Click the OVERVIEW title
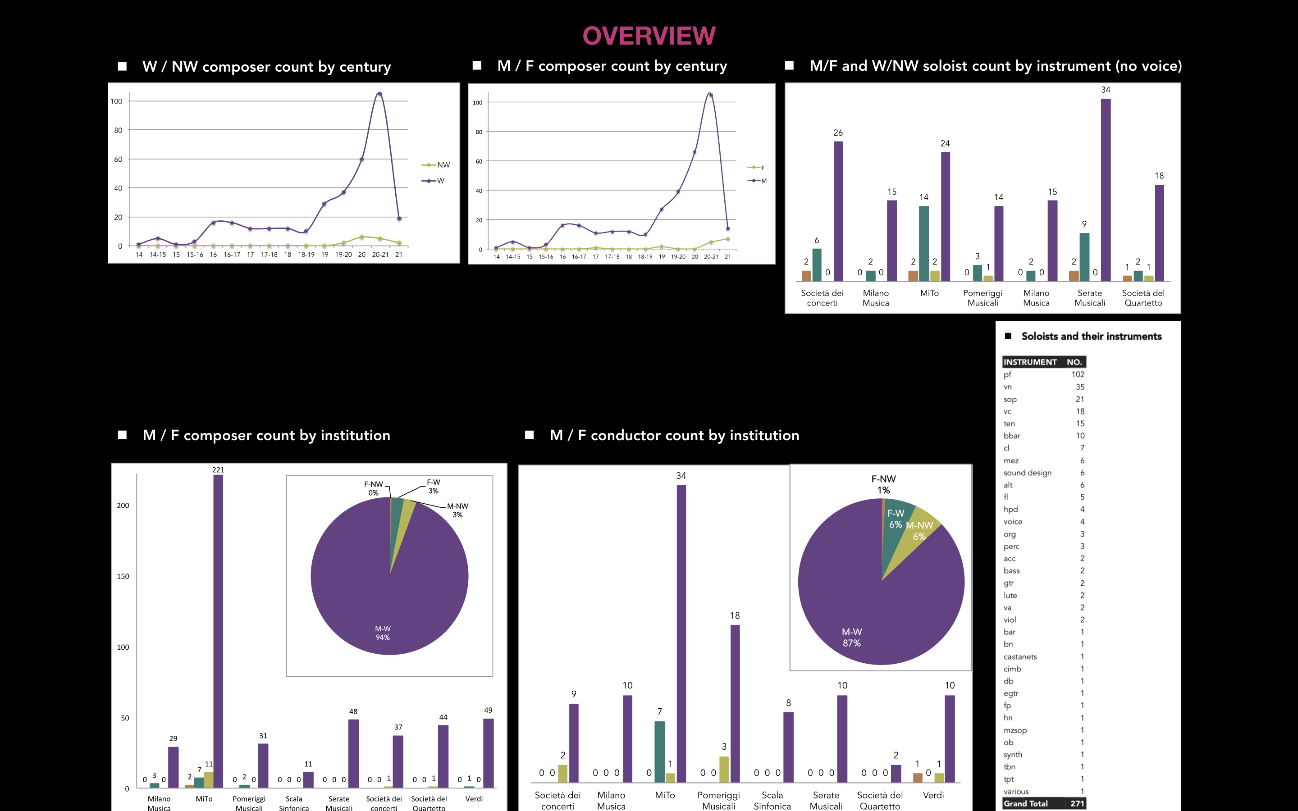(649, 36)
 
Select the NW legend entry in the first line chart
(443, 164)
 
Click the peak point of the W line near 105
(379, 94)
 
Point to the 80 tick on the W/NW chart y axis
(118, 130)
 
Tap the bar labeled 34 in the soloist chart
(1106, 188)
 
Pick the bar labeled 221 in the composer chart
(218, 630)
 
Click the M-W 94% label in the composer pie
(383, 633)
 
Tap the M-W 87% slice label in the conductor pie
(852, 637)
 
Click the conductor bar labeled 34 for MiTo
(681, 633)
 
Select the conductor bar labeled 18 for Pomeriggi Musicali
(735, 703)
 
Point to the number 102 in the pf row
(1078, 374)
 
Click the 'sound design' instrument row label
(1027, 473)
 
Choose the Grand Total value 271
(1077, 803)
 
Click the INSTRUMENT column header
(1030, 362)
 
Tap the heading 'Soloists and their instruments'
(1091, 336)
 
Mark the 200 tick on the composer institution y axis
(123, 505)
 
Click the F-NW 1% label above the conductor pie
(883, 484)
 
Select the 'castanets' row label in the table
(1020, 656)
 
